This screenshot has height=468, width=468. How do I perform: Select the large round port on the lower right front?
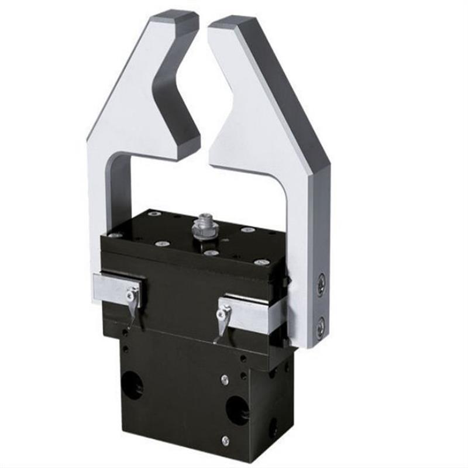[x=236, y=408]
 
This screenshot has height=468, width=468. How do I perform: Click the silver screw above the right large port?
[x=225, y=379]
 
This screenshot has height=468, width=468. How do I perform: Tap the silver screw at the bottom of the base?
[x=225, y=440]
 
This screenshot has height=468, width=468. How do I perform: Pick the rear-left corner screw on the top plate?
[x=154, y=214]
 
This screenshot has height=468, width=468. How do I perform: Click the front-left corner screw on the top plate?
[x=116, y=235]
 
